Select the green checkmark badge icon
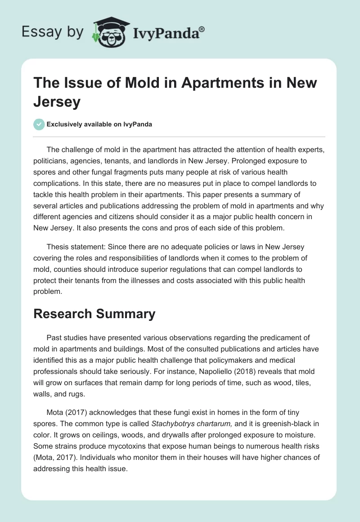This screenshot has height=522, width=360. click(x=39, y=124)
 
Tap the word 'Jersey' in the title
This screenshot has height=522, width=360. click(x=57, y=102)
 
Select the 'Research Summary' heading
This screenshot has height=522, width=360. click(x=94, y=314)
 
